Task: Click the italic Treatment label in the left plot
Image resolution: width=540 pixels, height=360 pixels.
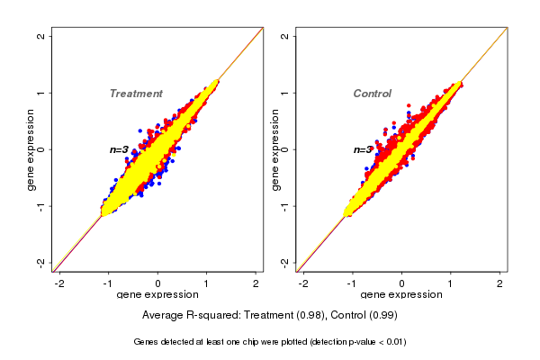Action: click(x=136, y=94)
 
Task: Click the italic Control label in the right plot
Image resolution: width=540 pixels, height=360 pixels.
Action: click(x=373, y=94)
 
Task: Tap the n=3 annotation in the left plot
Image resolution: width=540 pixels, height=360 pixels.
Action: click(x=120, y=149)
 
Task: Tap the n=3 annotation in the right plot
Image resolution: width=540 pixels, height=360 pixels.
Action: click(x=363, y=149)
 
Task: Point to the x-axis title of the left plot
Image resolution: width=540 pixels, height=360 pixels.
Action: click(x=157, y=295)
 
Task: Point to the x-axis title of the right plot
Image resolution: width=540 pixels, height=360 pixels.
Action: click(x=400, y=295)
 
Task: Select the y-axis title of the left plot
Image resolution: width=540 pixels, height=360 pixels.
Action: click(x=31, y=149)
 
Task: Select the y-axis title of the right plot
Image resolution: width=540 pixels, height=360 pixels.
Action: click(x=274, y=149)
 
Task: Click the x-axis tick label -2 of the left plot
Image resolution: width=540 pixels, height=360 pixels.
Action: click(x=59, y=283)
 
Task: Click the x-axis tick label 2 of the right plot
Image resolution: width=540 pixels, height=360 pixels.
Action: click(x=500, y=283)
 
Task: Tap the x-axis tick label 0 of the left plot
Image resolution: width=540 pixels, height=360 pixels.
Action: click(x=157, y=283)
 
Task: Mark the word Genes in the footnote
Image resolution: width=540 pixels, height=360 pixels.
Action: click(x=147, y=342)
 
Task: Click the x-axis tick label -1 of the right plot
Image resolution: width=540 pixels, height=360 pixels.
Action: click(x=352, y=283)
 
